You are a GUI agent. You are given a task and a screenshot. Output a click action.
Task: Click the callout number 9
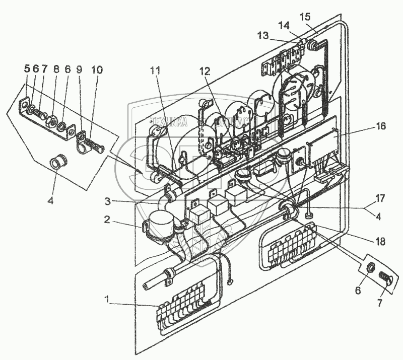79,69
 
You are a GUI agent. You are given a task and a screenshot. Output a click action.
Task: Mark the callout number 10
95,69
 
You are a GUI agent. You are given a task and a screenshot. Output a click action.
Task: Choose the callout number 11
154,70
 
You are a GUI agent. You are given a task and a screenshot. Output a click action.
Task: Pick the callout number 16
380,126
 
